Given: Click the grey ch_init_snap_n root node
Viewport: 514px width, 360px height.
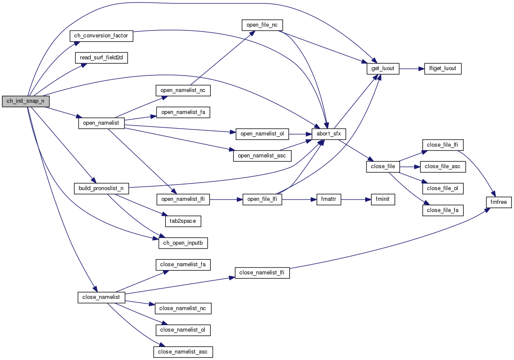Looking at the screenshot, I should (26, 102).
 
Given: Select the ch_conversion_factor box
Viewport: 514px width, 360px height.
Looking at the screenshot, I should (102, 36).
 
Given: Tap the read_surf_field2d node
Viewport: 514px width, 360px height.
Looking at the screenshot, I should (102, 58).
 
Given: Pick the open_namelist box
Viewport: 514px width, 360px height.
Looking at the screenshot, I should (101, 123).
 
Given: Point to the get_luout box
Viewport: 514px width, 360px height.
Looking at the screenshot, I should (382, 68).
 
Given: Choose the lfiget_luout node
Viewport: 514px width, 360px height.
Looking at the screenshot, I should (443, 68).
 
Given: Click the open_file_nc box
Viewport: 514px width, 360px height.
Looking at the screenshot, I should (262, 25).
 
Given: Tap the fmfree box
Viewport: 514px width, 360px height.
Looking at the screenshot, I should (499, 201).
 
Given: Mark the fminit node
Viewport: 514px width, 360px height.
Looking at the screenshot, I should (383, 200).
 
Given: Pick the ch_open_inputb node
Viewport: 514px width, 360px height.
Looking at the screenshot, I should (183, 243).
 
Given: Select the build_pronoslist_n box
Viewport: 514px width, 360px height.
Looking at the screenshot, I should (102, 188).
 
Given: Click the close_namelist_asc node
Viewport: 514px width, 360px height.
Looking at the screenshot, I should (183, 352).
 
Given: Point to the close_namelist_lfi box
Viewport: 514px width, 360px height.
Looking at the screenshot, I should (262, 273).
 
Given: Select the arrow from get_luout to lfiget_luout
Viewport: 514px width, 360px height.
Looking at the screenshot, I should (412, 68).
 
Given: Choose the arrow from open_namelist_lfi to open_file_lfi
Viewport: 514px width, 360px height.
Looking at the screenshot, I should (226, 200).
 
